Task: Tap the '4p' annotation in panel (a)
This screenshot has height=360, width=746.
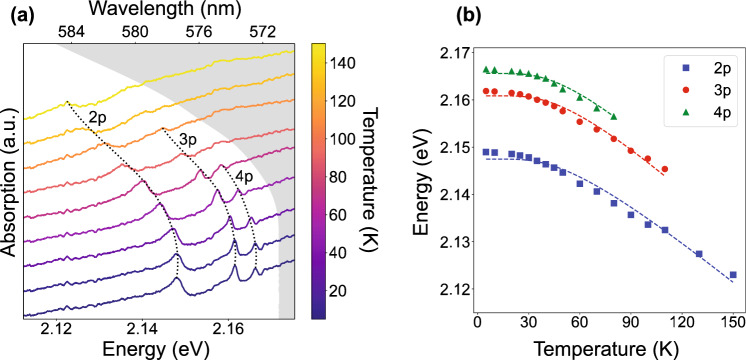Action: (x=245, y=177)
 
